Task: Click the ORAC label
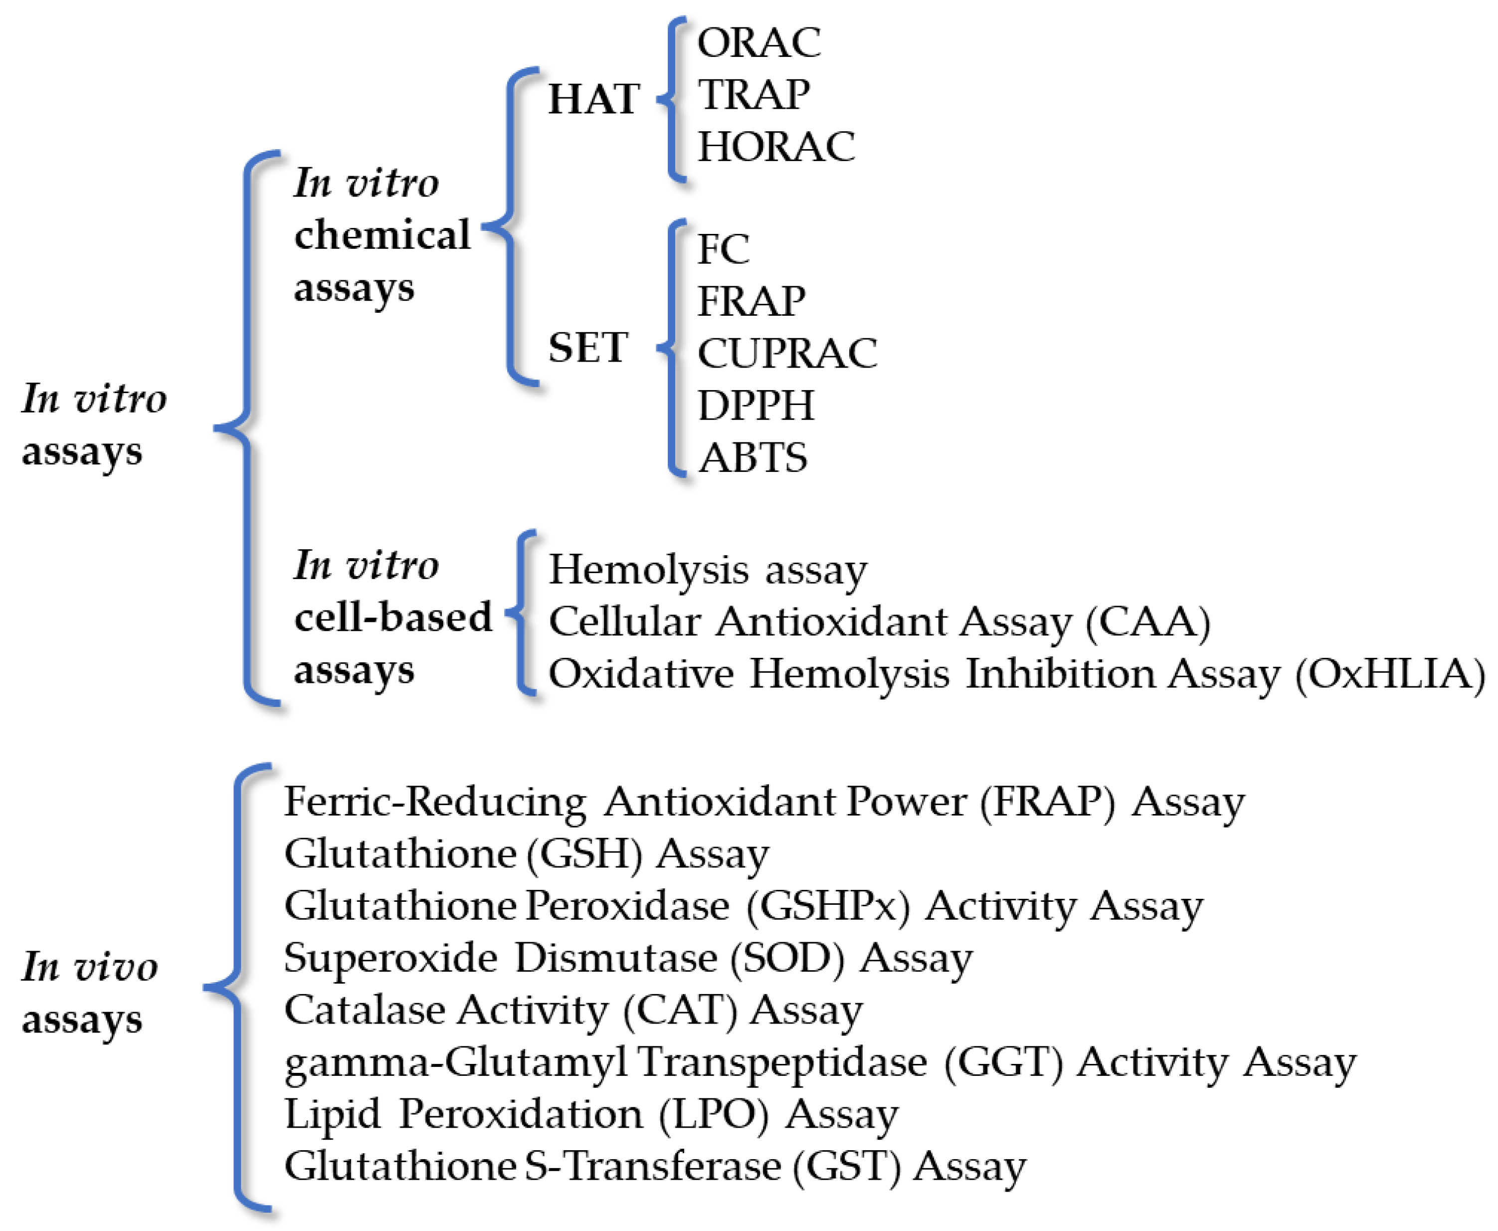758,42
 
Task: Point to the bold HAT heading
593,99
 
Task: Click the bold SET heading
588,348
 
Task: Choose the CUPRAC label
787,353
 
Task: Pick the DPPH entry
756,406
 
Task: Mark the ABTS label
752,457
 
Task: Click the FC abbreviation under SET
723,249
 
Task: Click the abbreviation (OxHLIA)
1389,674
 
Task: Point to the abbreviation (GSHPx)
827,906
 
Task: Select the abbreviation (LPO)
713,1114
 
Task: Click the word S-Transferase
652,1167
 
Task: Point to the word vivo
116,967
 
